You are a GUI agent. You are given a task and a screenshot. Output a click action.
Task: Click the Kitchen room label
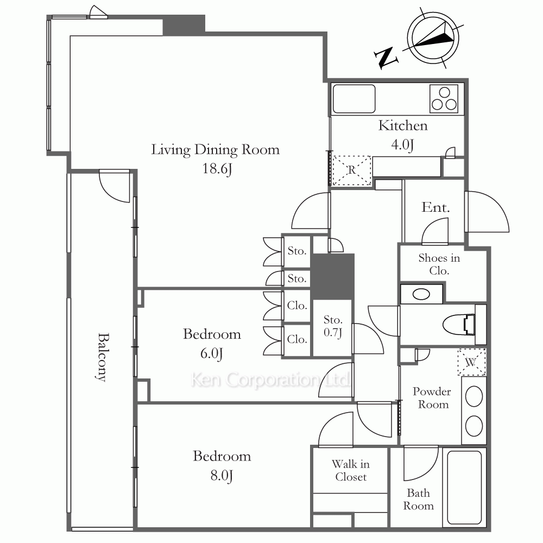(x=403, y=126)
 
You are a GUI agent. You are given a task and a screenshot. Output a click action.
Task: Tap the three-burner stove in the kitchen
(x=444, y=99)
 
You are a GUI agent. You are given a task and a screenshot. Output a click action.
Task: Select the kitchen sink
(x=354, y=99)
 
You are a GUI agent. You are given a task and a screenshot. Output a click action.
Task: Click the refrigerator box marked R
(x=351, y=170)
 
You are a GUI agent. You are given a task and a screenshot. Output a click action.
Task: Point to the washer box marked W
(x=471, y=362)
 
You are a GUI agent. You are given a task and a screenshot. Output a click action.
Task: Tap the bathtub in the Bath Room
(x=464, y=487)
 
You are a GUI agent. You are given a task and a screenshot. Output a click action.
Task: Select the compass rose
(x=433, y=39)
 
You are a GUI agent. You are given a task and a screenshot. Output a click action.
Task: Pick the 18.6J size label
(x=217, y=169)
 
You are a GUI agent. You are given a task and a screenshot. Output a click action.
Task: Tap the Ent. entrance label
(x=435, y=207)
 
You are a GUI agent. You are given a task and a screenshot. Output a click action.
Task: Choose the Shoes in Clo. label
(x=439, y=264)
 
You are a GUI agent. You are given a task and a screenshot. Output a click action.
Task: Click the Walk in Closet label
(x=351, y=470)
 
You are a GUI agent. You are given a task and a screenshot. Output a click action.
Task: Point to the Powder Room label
(x=432, y=398)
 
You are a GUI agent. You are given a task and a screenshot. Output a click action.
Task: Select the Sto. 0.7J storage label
(x=333, y=326)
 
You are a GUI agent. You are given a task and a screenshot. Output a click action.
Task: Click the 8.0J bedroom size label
(x=222, y=476)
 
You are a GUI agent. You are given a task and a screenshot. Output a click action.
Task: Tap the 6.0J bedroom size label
(x=212, y=353)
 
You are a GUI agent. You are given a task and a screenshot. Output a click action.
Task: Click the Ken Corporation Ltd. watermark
(x=270, y=380)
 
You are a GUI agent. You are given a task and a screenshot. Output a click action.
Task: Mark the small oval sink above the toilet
(x=421, y=294)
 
